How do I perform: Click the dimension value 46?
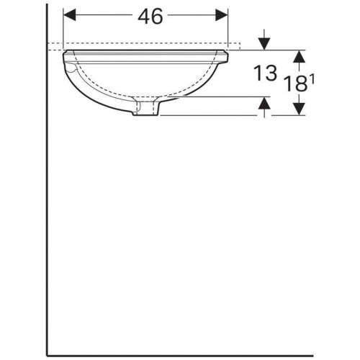pyautogui.click(x=150, y=16)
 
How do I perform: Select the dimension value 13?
pyautogui.click(x=265, y=73)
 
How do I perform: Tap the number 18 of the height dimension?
pyautogui.click(x=296, y=84)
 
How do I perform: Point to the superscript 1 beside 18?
pyautogui.click(x=312, y=79)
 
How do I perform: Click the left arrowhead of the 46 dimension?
pyautogui.click(x=69, y=15)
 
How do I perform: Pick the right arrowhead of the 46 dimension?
pyautogui.click(x=222, y=15)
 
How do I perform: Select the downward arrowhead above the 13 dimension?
pyautogui.click(x=264, y=44)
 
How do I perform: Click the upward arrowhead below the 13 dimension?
pyautogui.click(x=264, y=103)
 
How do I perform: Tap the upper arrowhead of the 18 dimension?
pyautogui.click(x=299, y=57)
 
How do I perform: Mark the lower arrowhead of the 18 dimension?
pyautogui.click(x=299, y=109)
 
